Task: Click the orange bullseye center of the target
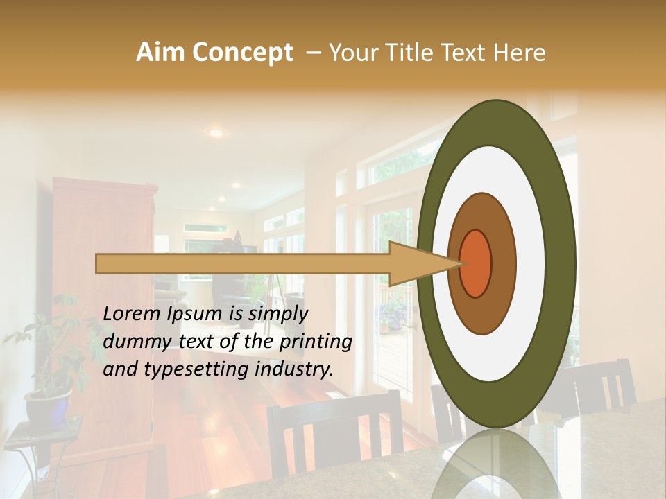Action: click(x=475, y=263)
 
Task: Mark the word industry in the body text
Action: click(x=294, y=369)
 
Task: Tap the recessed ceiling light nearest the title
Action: click(x=216, y=132)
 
